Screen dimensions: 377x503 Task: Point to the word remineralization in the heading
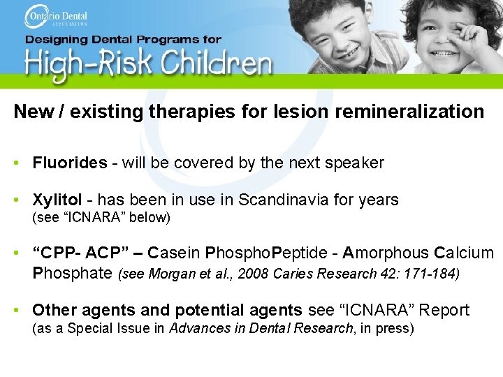point(413,112)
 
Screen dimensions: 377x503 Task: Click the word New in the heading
point(32,112)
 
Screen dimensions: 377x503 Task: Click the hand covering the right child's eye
point(461,28)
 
